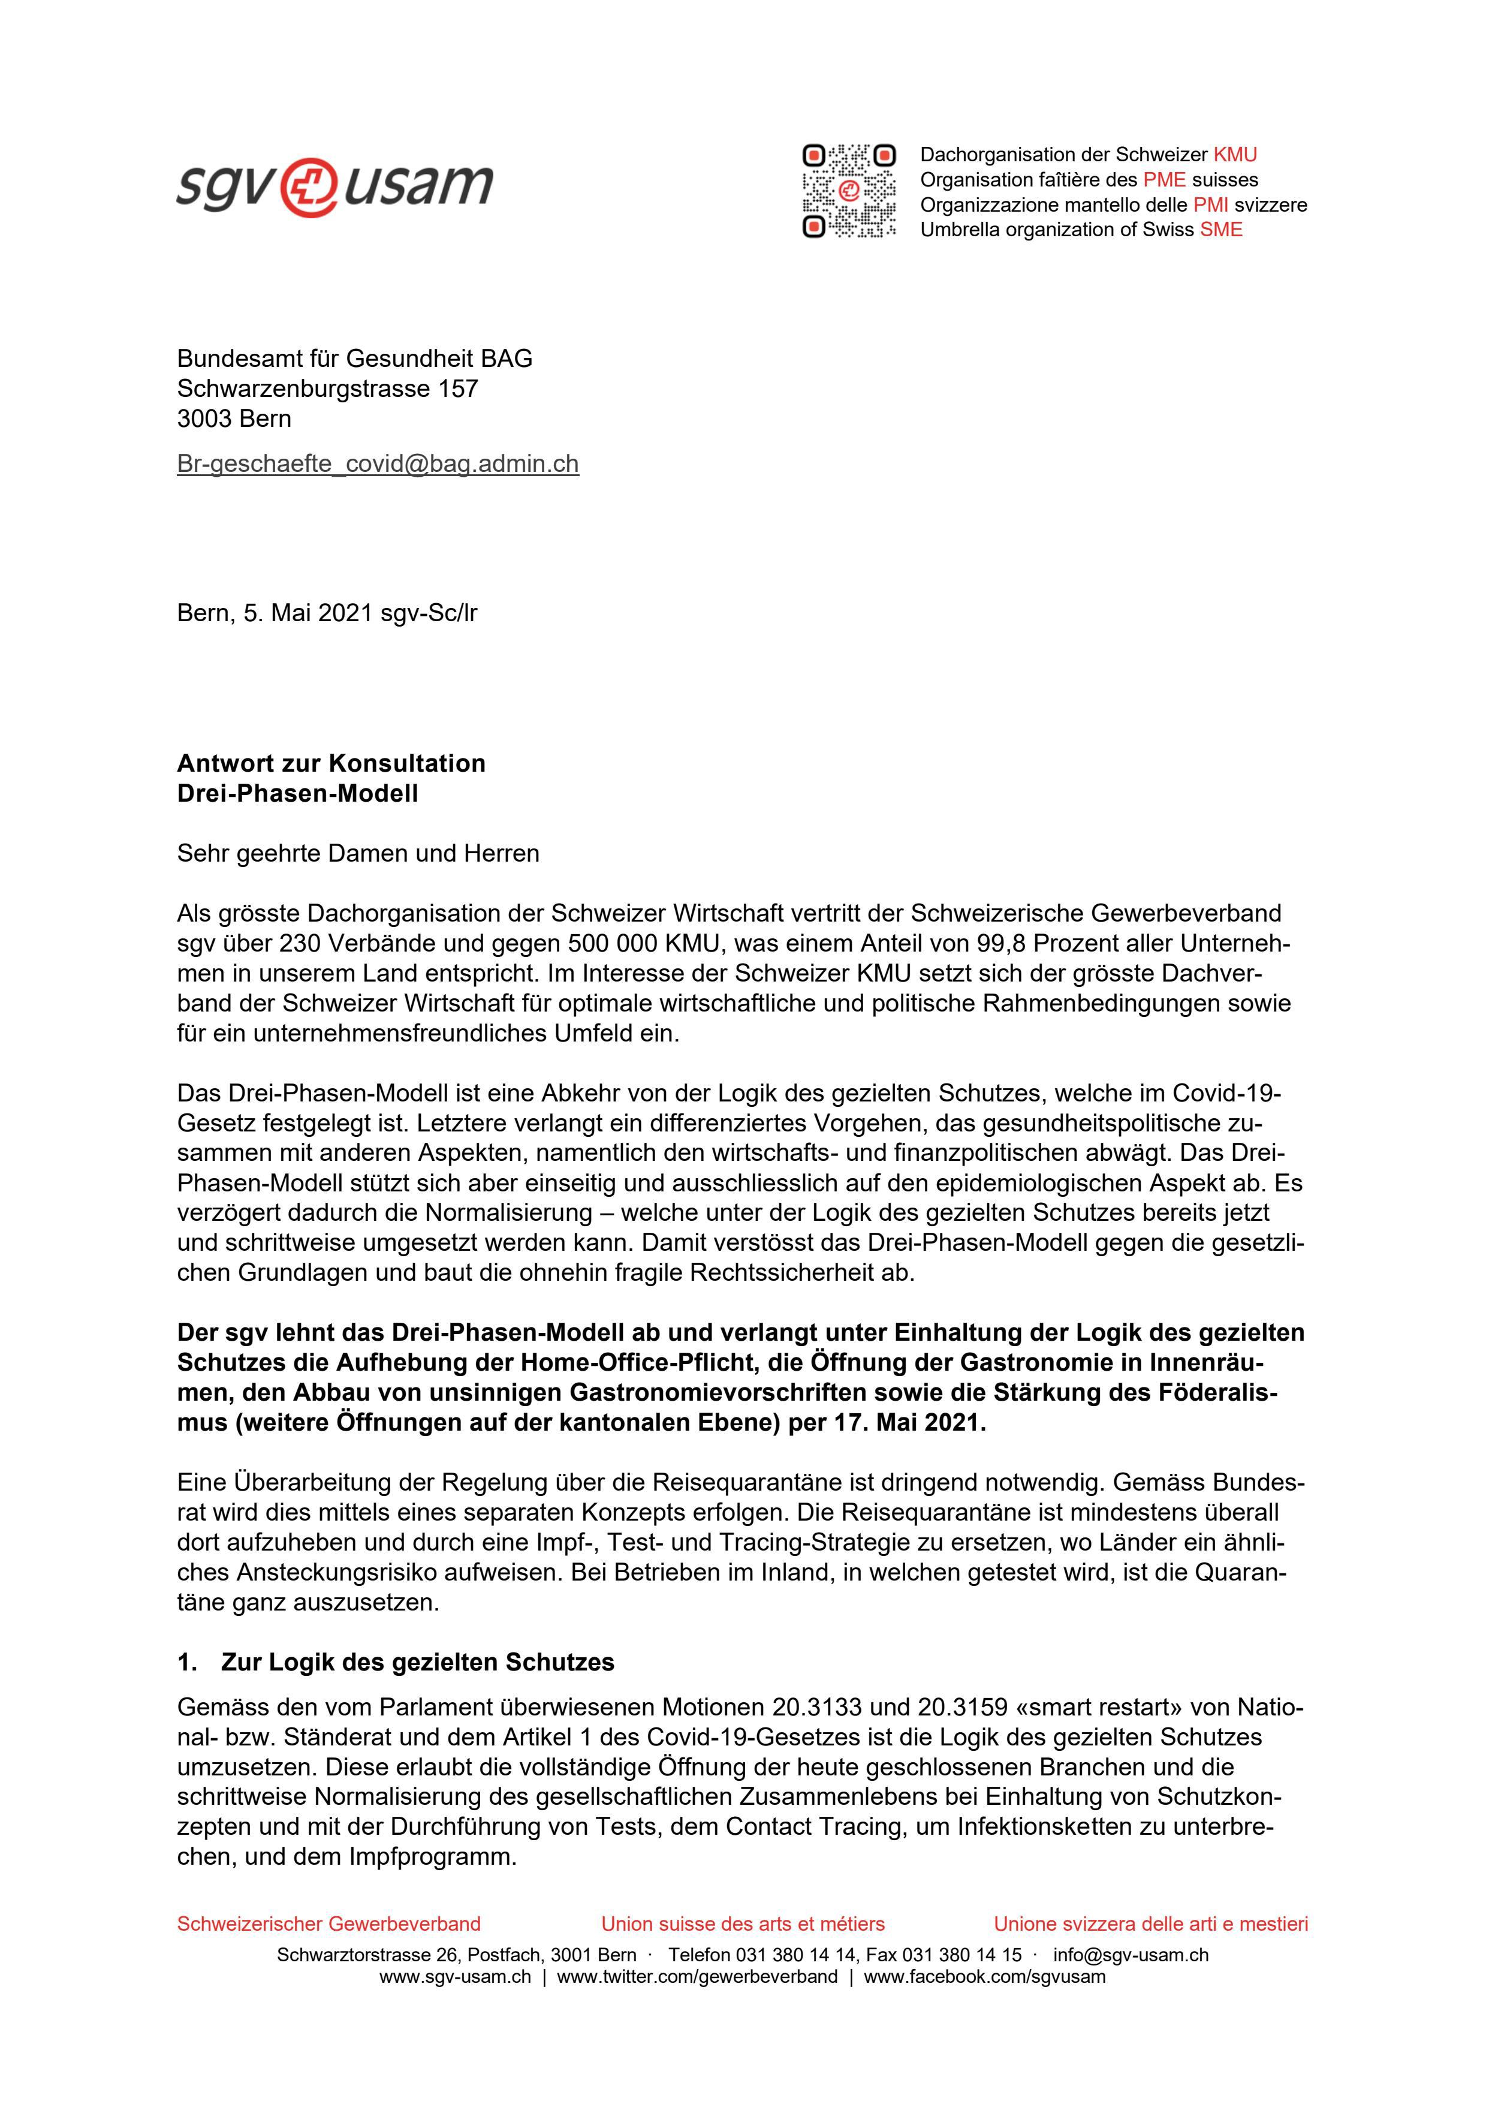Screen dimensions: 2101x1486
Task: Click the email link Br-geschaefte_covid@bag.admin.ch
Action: pyautogui.click(x=377, y=464)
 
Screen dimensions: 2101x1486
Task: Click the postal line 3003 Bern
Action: pyautogui.click(x=234, y=419)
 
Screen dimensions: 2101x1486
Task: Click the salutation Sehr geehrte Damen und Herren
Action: pyautogui.click(x=358, y=854)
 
